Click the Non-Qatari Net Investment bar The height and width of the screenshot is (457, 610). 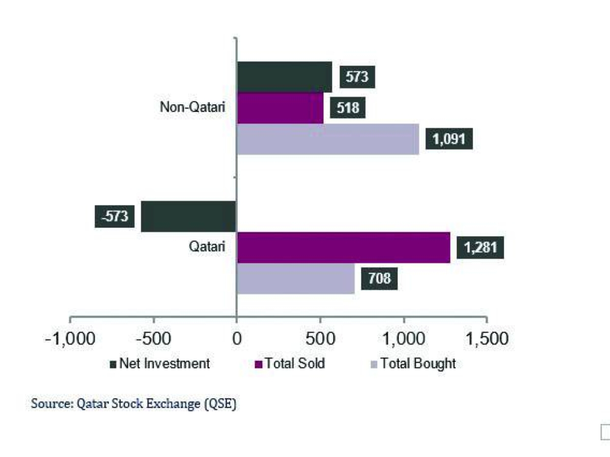pos(284,77)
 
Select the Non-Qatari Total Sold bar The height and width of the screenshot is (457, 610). pos(280,108)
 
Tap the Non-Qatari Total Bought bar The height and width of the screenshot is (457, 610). pos(328,139)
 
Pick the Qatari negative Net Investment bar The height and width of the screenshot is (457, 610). pos(189,216)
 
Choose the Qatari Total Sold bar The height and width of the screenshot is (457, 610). pos(343,248)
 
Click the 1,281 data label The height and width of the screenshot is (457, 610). pos(480,248)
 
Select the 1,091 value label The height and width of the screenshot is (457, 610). pos(449,139)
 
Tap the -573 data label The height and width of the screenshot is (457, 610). pos(115,216)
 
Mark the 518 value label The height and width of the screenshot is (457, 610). pos(348,108)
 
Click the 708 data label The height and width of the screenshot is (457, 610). pos(379,279)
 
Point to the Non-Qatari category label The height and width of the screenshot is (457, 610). pos(192,108)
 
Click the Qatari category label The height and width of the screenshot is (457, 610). pos(206,247)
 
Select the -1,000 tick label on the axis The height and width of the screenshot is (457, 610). pos(70,338)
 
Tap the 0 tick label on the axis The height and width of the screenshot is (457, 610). pos(236,338)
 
